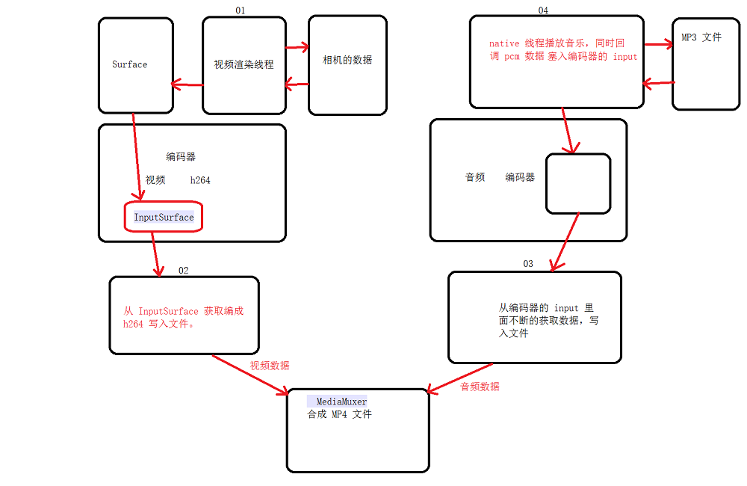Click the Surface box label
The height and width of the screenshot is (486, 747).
(130, 64)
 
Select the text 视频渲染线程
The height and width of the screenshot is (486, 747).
(244, 64)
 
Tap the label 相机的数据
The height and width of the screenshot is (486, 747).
(347, 60)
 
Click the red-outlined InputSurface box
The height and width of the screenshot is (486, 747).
(164, 217)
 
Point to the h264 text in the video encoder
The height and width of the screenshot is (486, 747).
(200, 180)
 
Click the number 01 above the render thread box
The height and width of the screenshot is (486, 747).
(240, 10)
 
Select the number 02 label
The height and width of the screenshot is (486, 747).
(183, 270)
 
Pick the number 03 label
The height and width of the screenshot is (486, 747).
(528, 264)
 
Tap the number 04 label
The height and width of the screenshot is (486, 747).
(543, 10)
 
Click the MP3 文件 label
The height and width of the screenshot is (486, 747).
(701, 37)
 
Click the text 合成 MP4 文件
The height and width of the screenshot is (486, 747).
(339, 414)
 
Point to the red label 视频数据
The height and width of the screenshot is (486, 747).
(270, 366)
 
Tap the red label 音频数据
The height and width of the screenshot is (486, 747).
(480, 387)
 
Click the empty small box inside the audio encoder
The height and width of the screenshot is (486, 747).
(577, 183)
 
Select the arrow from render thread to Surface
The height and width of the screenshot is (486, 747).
(187, 84)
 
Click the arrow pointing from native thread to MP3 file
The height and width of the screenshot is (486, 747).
(657, 45)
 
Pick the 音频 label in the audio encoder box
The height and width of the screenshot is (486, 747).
(475, 177)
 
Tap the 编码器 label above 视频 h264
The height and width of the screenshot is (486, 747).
(181, 157)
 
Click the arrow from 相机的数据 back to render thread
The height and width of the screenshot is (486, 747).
(297, 84)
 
